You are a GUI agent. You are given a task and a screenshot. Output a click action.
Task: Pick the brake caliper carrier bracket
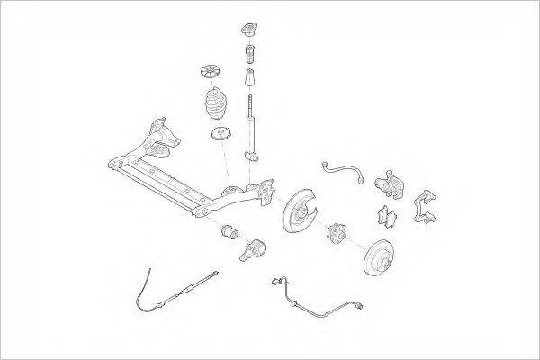click(425, 204)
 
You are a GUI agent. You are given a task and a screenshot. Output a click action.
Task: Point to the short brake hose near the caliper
click(341, 167)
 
